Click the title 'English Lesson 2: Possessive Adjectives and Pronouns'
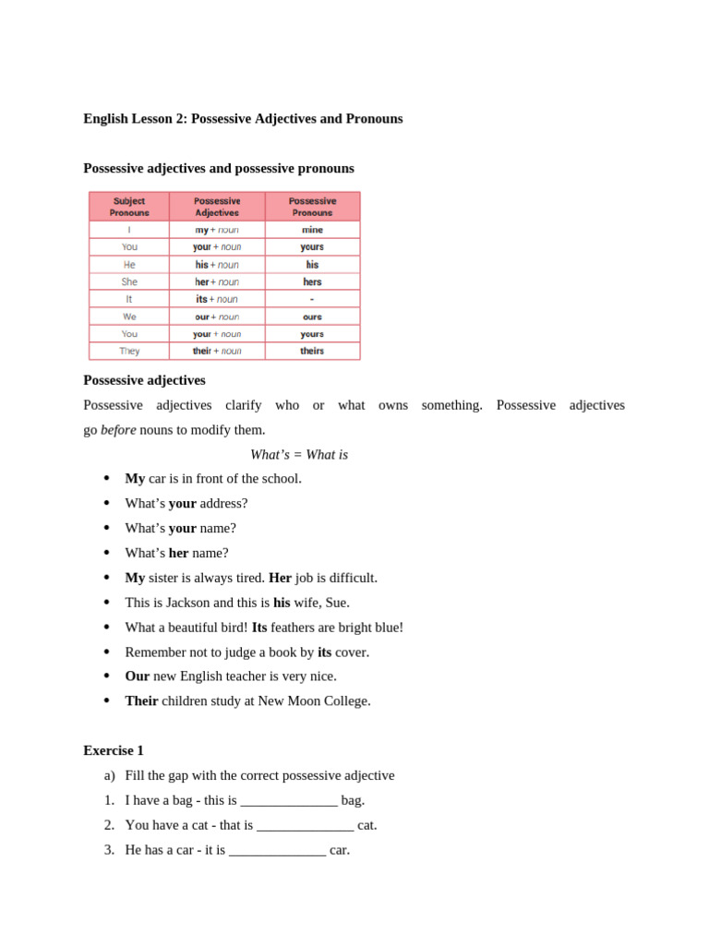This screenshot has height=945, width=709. click(x=243, y=119)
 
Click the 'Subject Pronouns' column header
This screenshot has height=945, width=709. click(x=129, y=207)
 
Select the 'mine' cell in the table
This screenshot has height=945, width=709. click(x=312, y=230)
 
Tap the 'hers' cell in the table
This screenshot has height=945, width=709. click(x=312, y=282)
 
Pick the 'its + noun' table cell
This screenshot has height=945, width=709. click(x=217, y=299)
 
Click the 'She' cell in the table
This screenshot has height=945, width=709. click(x=129, y=282)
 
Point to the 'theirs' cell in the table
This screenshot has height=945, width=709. click(x=312, y=352)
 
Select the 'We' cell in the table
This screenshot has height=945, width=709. click(x=129, y=317)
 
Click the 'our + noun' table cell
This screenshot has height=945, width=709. click(x=217, y=317)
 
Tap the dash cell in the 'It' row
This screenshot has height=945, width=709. click(x=312, y=299)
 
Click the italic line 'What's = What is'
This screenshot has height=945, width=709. click(x=299, y=455)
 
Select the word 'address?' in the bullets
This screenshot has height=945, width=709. click(x=223, y=504)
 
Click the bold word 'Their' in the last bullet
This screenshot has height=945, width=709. click(x=141, y=701)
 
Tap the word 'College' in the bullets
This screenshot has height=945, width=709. click(x=342, y=701)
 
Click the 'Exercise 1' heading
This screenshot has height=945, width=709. click(x=114, y=751)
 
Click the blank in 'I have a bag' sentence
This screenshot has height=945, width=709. click(x=289, y=801)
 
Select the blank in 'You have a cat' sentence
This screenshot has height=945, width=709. click(x=306, y=826)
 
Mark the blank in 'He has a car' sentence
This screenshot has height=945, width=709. click(x=278, y=851)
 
